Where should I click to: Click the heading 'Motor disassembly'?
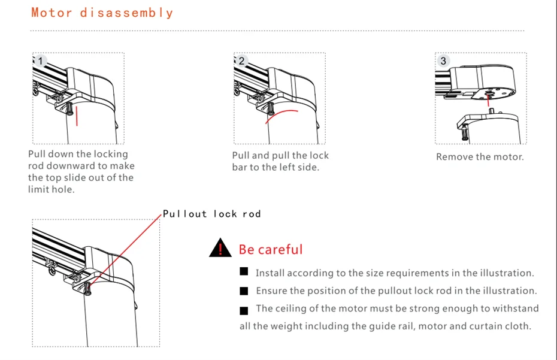(102, 13)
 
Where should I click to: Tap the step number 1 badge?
(40, 61)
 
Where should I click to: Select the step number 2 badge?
(241, 61)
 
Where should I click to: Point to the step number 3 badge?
(443, 61)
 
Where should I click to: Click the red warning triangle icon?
(220, 248)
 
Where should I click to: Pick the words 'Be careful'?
(271, 249)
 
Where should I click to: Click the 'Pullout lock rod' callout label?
(212, 214)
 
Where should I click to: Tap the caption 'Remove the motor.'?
(480, 157)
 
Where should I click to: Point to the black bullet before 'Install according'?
(244, 272)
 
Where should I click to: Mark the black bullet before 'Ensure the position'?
(244, 291)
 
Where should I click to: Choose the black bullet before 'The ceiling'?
(244, 310)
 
